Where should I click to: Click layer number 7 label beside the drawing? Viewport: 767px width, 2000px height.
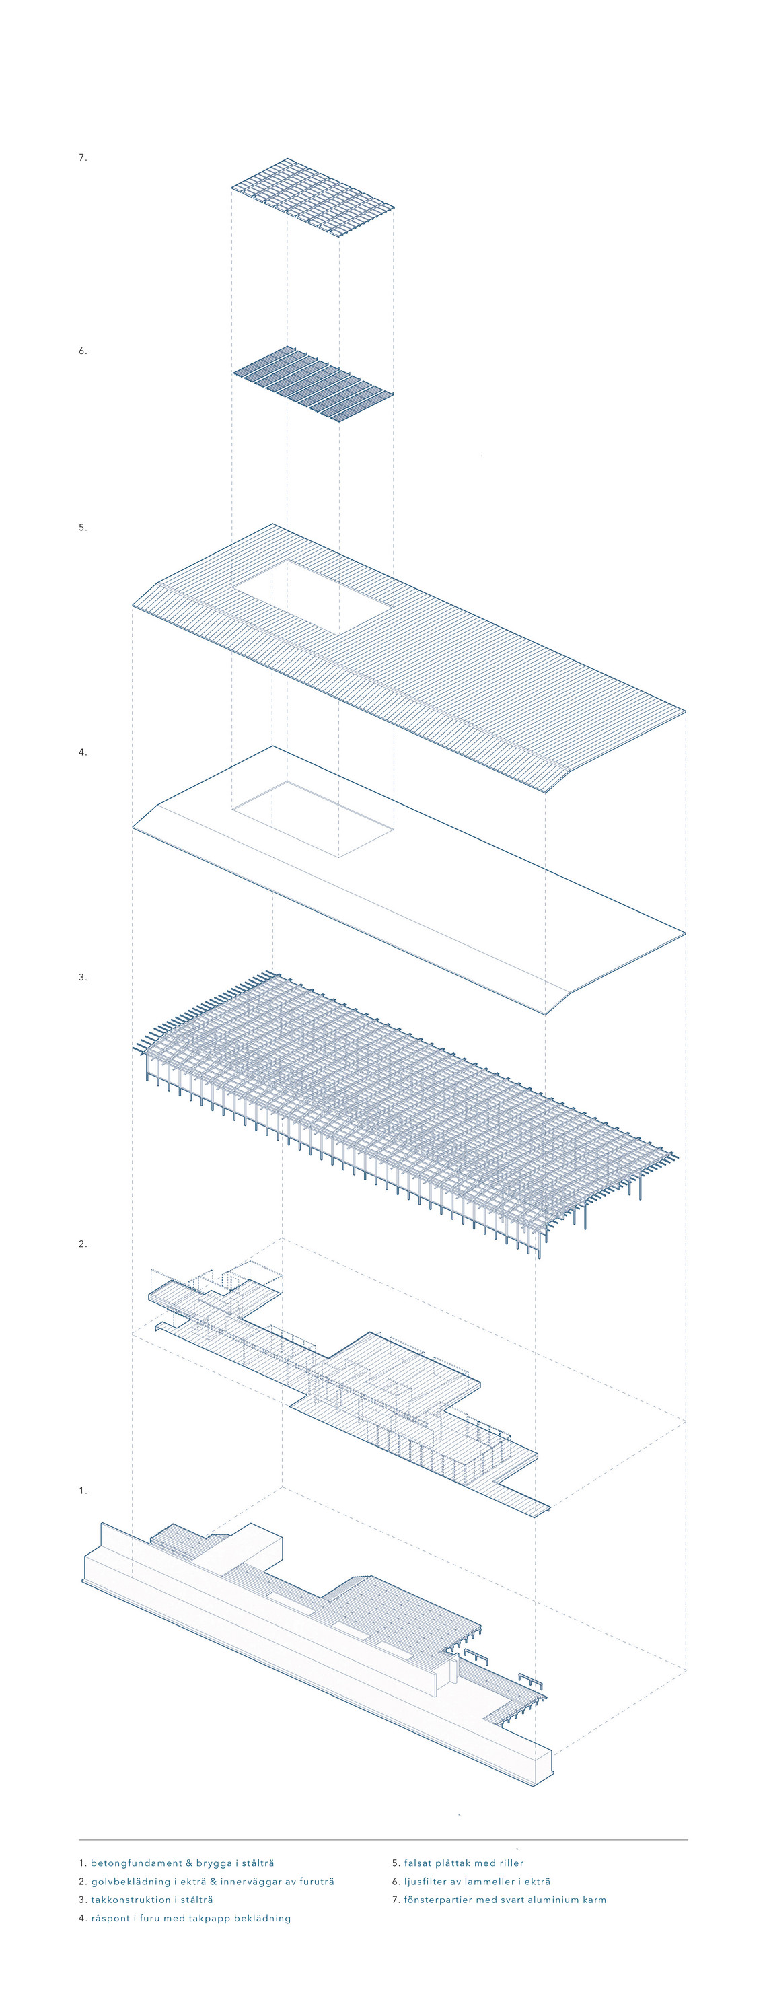[x=82, y=157]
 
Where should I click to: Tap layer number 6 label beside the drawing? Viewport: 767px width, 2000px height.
[x=82, y=351]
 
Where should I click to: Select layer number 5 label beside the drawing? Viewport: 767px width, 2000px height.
[x=82, y=527]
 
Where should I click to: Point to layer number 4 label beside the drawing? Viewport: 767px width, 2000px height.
[x=82, y=752]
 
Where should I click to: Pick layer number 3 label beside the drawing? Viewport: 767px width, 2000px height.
[x=82, y=978]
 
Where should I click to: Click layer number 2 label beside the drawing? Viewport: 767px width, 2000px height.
[x=82, y=1244]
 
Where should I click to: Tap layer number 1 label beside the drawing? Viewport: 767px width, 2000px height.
[x=82, y=1491]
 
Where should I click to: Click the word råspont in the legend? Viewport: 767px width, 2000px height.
[x=112, y=1919]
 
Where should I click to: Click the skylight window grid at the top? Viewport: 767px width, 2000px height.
[x=313, y=200]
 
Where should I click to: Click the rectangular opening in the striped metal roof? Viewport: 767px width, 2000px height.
[x=313, y=596]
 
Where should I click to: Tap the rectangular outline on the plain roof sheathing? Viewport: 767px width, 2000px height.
[x=313, y=820]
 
